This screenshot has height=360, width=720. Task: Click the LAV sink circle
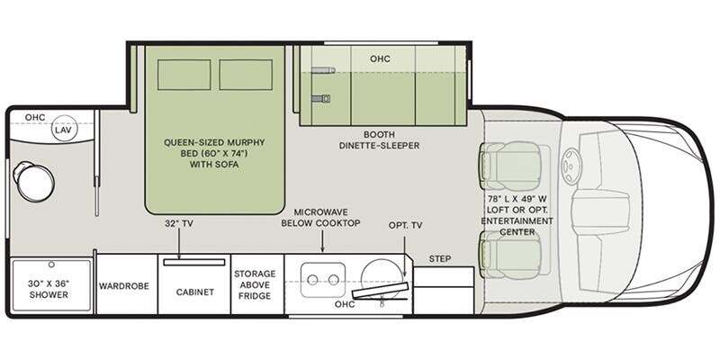pos(64,128)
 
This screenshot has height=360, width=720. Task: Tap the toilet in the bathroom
pos(33,182)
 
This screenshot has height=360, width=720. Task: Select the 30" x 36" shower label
pos(49,289)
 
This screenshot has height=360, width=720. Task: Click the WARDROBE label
pos(124,285)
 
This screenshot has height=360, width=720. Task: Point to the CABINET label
pos(195,292)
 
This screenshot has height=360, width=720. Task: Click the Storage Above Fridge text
pos(255,284)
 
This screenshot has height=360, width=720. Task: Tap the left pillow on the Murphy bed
pos(184,75)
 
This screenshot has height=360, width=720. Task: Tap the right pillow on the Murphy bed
pos(246,75)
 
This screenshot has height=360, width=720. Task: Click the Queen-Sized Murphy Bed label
pos(214,153)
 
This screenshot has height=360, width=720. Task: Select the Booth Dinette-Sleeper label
pos(379,140)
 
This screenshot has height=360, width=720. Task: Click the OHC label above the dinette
pos(380,58)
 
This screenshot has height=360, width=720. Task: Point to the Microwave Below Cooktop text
pos(321,218)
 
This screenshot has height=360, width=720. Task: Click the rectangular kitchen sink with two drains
pos(323,280)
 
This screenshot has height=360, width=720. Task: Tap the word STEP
pos(440,259)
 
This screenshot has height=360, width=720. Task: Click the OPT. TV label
pos(406,225)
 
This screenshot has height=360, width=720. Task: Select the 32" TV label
pos(178,224)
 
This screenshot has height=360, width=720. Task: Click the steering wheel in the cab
pos(571,166)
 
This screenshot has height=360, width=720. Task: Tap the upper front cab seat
pos(509,166)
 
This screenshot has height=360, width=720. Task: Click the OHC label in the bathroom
pos(35,118)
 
